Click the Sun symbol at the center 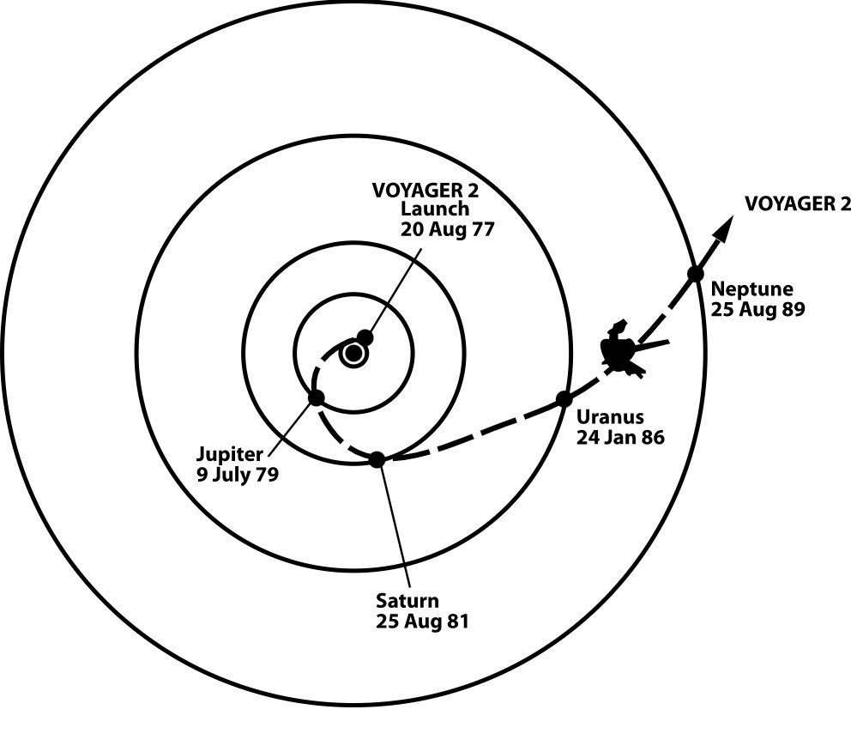353,353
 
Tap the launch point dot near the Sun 365,337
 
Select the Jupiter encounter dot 316,397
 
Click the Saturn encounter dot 377,459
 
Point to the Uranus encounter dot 564,398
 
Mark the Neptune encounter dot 695,275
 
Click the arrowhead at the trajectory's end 725,228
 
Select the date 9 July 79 237,474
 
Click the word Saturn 407,601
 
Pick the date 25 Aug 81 422,622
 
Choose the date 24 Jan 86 620,437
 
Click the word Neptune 751,289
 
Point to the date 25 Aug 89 757,309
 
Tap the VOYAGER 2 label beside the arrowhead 798,203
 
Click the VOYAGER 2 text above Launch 425,190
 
